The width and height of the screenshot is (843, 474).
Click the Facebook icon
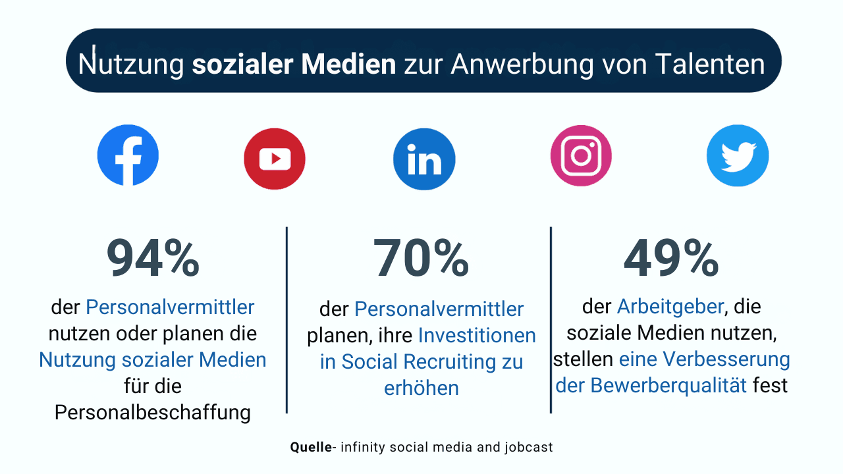(128, 155)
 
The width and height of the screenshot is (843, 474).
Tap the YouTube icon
(275, 159)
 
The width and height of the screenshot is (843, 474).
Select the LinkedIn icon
(424, 159)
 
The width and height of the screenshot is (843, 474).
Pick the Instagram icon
(581, 155)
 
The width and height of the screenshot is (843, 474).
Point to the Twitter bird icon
(738, 156)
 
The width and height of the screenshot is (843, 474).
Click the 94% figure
(153, 259)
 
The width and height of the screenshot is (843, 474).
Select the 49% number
(671, 259)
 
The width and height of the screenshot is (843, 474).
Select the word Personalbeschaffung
(153, 412)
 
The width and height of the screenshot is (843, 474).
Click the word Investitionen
(477, 336)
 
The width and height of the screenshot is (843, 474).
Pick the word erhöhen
(421, 388)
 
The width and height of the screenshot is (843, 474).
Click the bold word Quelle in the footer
(311, 447)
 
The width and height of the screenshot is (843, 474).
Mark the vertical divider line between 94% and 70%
(286, 320)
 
